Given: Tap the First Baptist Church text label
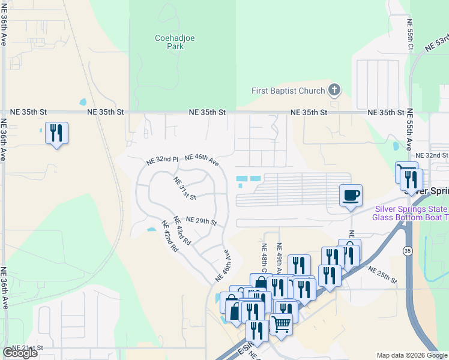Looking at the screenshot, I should tap(288, 91).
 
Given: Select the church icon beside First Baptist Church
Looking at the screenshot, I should tap(334, 91).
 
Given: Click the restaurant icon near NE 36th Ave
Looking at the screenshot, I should tap(56, 133).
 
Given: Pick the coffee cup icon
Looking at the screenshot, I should tap(351, 196).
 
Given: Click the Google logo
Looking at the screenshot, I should tap(20, 353).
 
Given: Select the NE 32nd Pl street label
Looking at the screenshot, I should tap(163, 161).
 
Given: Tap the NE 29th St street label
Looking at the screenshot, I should tap(200, 221).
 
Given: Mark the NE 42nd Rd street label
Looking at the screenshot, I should tap(170, 236).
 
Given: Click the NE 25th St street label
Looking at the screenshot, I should tap(382, 275).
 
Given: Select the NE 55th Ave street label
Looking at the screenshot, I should tap(410, 129).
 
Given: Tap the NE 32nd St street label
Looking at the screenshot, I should tap(432, 155).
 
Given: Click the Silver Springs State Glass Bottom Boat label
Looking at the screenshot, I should tap(411, 213).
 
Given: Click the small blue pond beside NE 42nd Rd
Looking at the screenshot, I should tap(151, 229).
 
